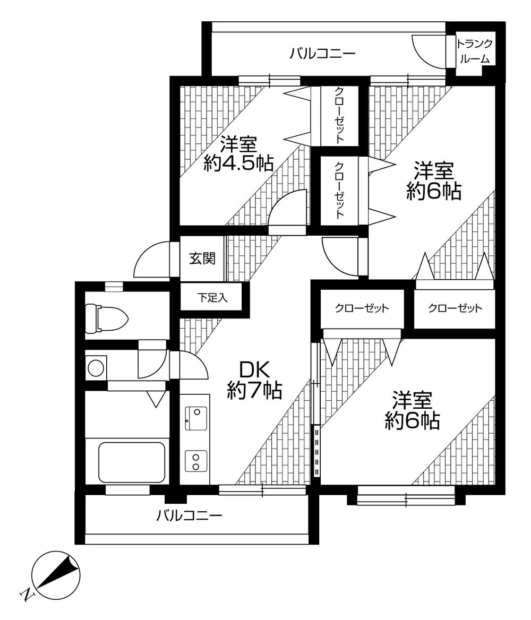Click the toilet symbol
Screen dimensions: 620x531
point(106,317)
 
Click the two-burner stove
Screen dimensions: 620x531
point(195,460)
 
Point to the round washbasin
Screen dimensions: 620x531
point(96,368)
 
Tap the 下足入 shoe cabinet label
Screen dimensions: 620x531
point(213,298)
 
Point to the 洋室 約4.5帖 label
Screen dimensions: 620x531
point(238,154)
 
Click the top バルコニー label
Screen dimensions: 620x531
point(322,54)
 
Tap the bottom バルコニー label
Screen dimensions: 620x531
point(189,515)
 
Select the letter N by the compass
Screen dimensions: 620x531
point(26,596)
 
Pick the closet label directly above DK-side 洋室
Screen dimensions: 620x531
point(362,308)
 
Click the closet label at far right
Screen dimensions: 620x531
point(455,308)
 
